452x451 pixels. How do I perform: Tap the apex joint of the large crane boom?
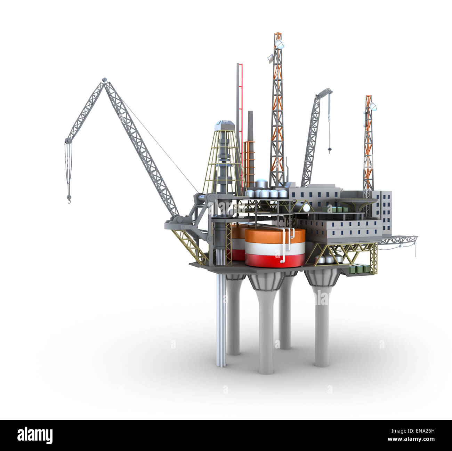click(x=105, y=80)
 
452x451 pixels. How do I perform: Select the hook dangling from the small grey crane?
click(x=329, y=150)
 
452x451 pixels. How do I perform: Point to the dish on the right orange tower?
click(x=373, y=106)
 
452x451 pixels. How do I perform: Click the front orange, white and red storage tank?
click(x=275, y=247)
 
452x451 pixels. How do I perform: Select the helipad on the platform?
click(x=358, y=201)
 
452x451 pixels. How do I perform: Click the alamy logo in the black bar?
click(x=35, y=435)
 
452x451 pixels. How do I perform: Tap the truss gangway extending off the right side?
click(x=400, y=240)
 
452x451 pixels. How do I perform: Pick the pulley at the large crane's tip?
click(x=68, y=141)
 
